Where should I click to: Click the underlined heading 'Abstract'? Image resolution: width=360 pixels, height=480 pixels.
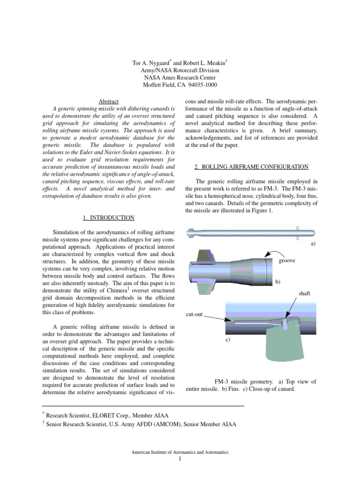click(x=108, y=102)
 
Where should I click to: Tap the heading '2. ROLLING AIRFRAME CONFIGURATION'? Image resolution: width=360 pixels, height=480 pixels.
click(x=251, y=167)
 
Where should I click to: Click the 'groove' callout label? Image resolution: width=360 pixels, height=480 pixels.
click(x=286, y=261)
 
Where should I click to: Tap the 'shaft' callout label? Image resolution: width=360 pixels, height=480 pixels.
click(x=305, y=293)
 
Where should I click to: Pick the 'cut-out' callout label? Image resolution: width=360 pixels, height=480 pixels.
click(x=194, y=314)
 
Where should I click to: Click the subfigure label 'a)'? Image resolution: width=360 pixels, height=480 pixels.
click(x=313, y=244)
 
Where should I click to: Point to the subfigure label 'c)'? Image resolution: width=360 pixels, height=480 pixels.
click(x=227, y=339)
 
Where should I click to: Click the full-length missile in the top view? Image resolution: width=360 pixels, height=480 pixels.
click(x=244, y=232)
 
